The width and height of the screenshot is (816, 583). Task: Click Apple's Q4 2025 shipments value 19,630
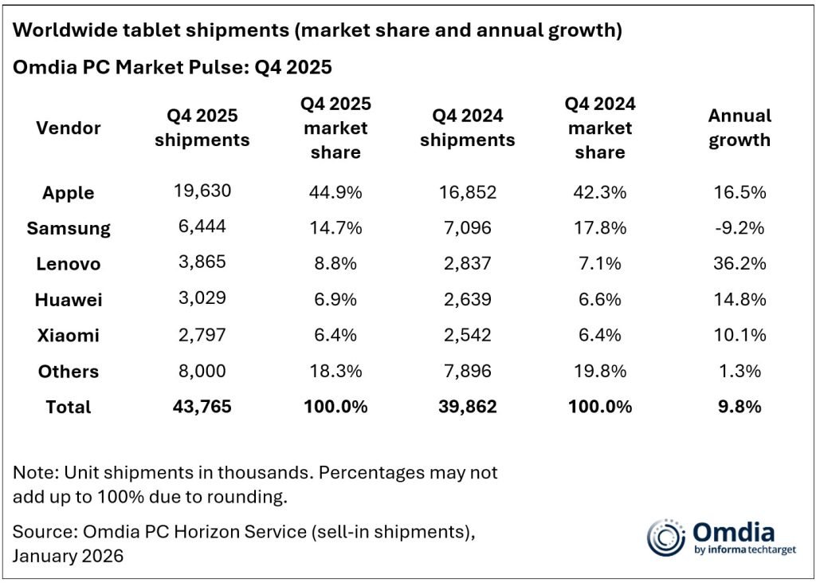[202, 191]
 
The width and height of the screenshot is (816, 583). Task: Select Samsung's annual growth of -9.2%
[739, 227]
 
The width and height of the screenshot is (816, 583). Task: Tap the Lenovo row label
[69, 264]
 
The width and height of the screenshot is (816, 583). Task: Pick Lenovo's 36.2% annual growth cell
[739, 263]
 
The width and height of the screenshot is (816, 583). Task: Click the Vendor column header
[69, 128]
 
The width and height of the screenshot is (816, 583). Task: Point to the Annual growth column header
[739, 128]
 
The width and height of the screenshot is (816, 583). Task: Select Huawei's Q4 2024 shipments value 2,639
[467, 299]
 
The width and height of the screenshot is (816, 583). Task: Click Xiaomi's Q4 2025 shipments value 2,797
[202, 335]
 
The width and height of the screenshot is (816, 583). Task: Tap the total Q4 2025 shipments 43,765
[202, 406]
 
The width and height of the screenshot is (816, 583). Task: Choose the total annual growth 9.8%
[739, 406]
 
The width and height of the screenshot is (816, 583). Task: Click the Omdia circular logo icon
[665, 537]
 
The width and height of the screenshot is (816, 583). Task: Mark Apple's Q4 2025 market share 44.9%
[335, 191]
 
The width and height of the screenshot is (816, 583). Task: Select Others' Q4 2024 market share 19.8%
[599, 371]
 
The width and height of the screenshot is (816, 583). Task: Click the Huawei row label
[69, 300]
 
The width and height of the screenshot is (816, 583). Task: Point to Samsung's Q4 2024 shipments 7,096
[467, 227]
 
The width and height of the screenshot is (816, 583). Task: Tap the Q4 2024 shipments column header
[467, 128]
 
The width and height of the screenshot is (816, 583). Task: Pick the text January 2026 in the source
[69, 555]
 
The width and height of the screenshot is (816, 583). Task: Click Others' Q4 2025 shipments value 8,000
[202, 371]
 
